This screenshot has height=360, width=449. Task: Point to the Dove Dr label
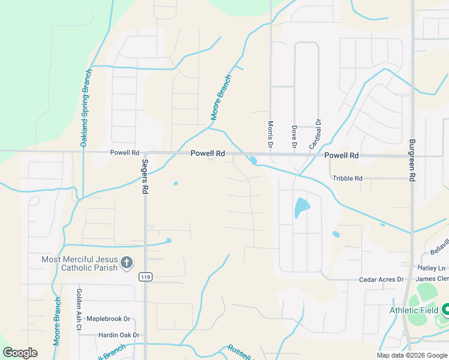coord(294,136)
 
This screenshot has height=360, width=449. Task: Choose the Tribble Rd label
coord(348,178)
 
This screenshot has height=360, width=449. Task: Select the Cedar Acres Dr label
coord(381,280)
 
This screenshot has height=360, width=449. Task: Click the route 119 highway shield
coord(145,277)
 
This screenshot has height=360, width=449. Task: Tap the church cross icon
coord(126,262)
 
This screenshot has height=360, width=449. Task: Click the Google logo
coord(20,353)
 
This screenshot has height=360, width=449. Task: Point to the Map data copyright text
coord(411,355)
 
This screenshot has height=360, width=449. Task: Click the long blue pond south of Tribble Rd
coord(301,208)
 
